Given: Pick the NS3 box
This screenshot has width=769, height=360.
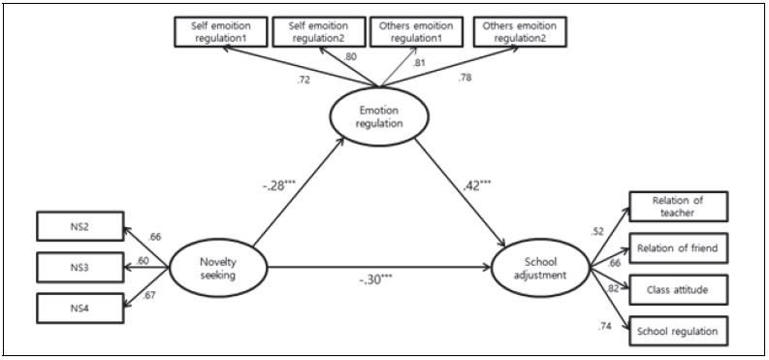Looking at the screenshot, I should (79, 268).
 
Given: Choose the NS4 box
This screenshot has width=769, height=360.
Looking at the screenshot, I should (79, 310).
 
